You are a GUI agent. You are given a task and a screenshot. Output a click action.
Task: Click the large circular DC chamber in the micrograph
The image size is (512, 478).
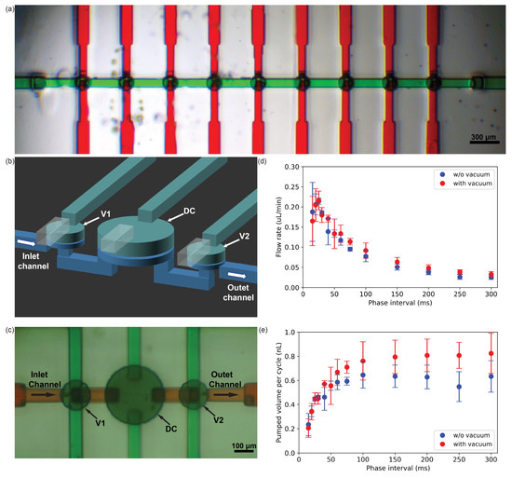(x=137, y=398)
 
